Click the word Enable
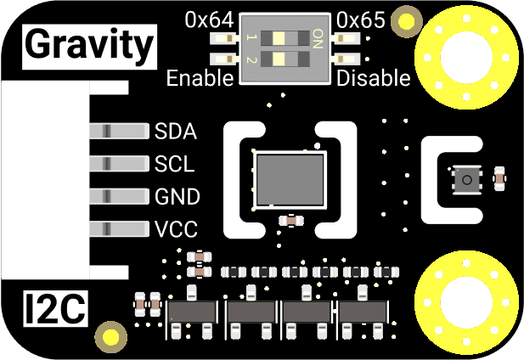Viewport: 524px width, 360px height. click(x=200, y=79)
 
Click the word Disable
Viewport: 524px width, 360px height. click(x=375, y=79)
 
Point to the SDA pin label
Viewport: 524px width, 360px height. click(x=176, y=132)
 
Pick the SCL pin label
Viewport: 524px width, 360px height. click(x=174, y=164)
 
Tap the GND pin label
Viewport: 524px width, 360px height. click(x=177, y=197)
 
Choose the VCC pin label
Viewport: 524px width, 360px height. click(x=176, y=229)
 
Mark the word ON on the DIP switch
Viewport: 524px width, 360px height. click(x=318, y=38)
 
